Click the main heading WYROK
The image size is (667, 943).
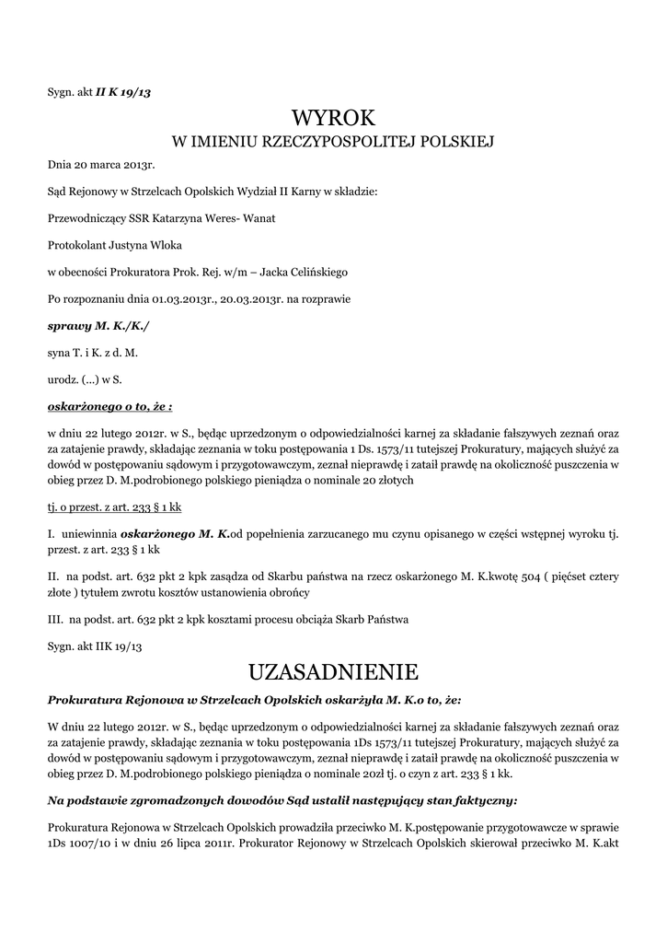(333, 118)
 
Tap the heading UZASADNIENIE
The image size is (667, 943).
(333, 669)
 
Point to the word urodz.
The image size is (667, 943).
(63, 378)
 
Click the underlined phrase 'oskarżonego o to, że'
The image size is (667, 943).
(109, 405)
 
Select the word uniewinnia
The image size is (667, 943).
(90, 533)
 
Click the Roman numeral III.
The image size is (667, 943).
(54, 618)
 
